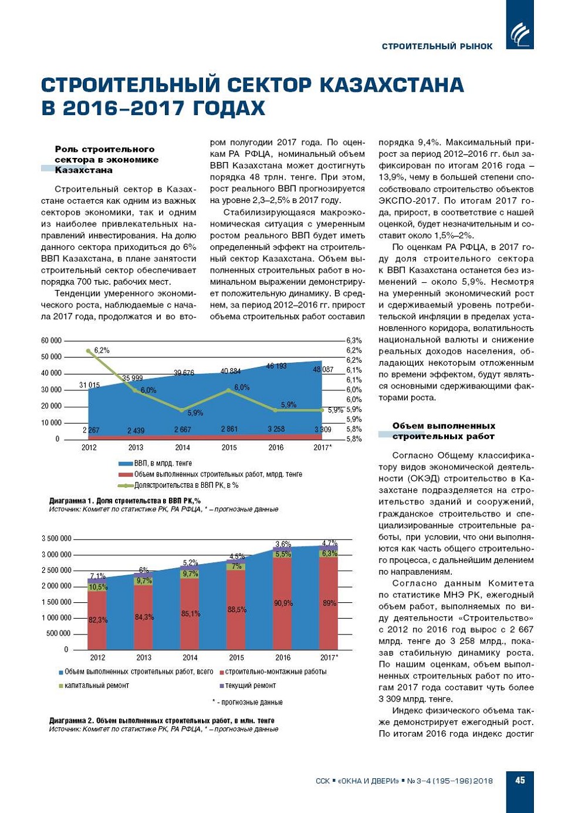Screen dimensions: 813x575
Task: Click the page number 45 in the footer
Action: point(520,780)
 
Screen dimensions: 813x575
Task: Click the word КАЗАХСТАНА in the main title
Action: point(391,85)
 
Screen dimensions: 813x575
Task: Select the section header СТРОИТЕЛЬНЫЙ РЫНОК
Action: point(437,46)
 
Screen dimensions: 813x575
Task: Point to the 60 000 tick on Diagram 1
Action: point(51,340)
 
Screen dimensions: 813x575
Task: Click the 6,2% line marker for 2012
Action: point(89,351)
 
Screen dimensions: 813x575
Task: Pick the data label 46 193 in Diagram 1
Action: point(276,366)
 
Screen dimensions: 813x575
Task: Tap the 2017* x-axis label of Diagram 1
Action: point(322,447)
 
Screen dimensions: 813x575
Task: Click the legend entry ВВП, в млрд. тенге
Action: point(163,463)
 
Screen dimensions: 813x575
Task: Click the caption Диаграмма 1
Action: point(124,501)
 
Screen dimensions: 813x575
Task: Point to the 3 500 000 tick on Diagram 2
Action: point(56,538)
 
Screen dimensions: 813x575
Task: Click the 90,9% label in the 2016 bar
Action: point(283,603)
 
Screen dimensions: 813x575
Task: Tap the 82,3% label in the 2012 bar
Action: point(97,620)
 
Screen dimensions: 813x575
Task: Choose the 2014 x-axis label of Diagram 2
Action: point(190,657)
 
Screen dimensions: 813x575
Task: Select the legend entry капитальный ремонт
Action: point(96,685)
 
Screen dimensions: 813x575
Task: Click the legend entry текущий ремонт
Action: point(250,685)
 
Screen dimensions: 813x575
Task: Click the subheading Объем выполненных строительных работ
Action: point(444,431)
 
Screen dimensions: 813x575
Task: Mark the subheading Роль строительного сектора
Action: point(106,160)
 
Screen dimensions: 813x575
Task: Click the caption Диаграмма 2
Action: point(161,720)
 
